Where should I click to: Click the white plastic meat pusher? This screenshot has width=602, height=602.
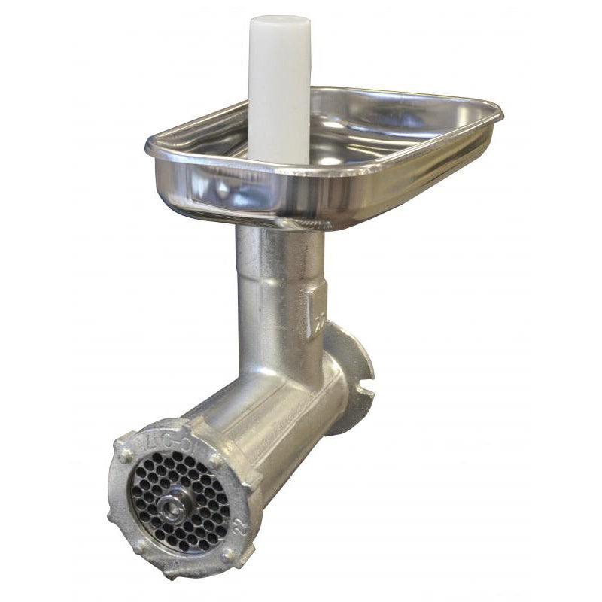tap(279, 90)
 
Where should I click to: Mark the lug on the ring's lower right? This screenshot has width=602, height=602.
tap(230, 557)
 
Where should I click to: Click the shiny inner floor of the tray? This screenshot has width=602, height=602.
tap(361, 143)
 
